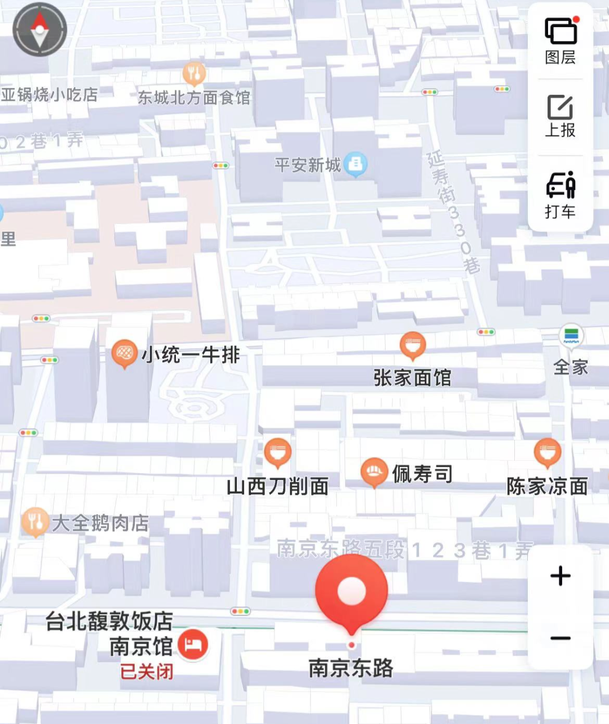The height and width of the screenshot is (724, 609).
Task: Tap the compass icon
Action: pyautogui.click(x=39, y=29)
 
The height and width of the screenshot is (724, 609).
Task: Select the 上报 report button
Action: pyautogui.click(x=560, y=116)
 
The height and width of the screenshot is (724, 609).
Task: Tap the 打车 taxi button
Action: pyautogui.click(x=560, y=195)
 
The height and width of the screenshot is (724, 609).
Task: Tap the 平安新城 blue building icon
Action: pyautogui.click(x=355, y=164)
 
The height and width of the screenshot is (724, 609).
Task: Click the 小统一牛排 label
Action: pyautogui.click(x=191, y=355)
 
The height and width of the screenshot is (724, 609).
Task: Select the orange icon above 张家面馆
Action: pyautogui.click(x=413, y=345)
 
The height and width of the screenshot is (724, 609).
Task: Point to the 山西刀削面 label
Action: pyautogui.click(x=277, y=486)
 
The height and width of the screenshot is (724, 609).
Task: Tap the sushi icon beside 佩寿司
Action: pyautogui.click(x=373, y=473)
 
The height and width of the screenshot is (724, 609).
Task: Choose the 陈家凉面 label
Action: pyautogui.click(x=547, y=486)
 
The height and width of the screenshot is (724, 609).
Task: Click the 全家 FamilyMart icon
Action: pyautogui.click(x=571, y=336)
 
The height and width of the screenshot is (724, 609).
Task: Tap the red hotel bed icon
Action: pyautogui.click(x=193, y=644)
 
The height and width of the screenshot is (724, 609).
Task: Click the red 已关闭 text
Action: pyautogui.click(x=147, y=672)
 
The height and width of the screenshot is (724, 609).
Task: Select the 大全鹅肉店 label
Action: pyautogui.click(x=100, y=523)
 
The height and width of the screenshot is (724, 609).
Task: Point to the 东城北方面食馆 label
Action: pyautogui.click(x=194, y=98)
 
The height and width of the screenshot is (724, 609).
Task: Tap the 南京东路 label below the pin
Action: pyautogui.click(x=351, y=668)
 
